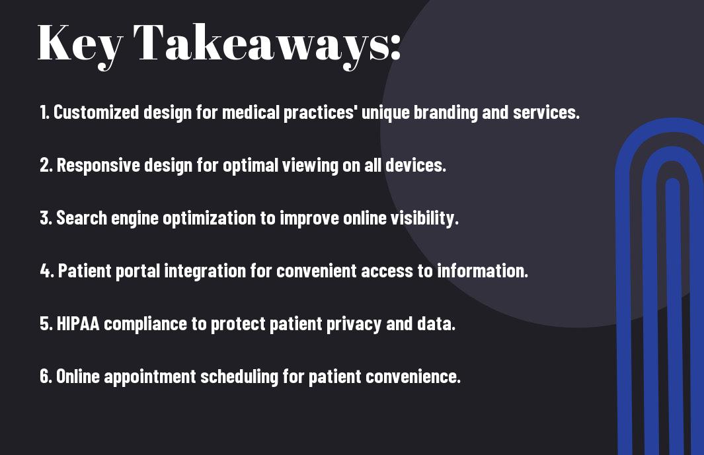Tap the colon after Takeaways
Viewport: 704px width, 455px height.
click(x=395, y=48)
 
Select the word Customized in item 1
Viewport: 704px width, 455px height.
click(x=96, y=112)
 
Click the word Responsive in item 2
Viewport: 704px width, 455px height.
click(x=98, y=165)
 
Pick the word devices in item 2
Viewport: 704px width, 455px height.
click(x=415, y=165)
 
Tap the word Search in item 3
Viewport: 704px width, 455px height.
click(x=82, y=218)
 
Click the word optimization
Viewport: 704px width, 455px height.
click(x=210, y=218)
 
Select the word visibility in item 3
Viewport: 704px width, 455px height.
click(x=424, y=218)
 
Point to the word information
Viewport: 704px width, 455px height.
click(x=482, y=271)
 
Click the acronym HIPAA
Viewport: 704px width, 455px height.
click(x=78, y=324)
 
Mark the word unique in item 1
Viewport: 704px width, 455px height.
click(x=385, y=112)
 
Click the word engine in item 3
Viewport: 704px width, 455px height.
click(x=135, y=218)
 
